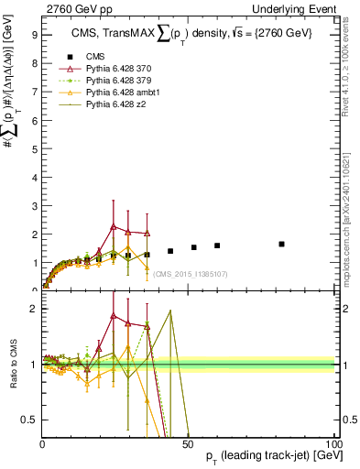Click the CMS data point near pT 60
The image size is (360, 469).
[x=217, y=245]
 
